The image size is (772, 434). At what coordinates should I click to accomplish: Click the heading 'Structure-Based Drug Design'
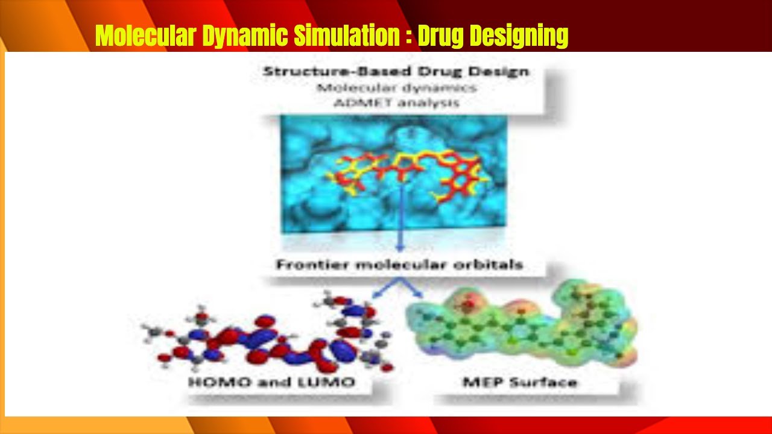396,71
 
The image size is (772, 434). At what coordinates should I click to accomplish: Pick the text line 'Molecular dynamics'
397,87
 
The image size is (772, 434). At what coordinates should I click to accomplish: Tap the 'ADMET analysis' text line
396,102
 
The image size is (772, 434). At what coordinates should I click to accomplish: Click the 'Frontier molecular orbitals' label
399,265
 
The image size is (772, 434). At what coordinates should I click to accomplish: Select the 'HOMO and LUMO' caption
271,382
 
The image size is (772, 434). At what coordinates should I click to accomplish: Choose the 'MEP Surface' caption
519,382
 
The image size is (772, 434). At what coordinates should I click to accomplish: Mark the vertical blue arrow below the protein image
399,217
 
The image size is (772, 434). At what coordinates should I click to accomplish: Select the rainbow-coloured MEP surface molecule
522,329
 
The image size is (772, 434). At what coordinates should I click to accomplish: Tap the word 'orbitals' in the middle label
491,265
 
